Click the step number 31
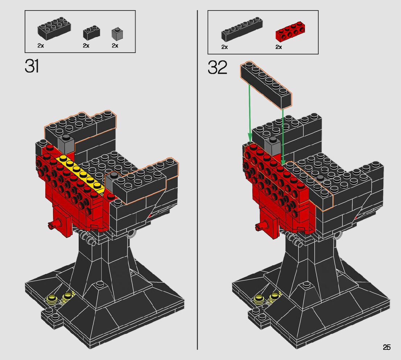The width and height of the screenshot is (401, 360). tap(32, 66)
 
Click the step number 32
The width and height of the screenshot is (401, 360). tap(218, 67)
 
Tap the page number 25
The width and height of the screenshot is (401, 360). tap(386, 347)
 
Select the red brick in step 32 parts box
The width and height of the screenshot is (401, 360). tap(290, 32)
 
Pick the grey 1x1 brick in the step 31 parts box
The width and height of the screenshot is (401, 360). tap(117, 33)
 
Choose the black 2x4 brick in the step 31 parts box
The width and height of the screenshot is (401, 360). tap(54, 29)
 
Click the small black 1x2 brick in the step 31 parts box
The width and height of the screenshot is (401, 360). tap(91, 33)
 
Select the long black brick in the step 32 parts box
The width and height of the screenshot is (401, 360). tap(242, 29)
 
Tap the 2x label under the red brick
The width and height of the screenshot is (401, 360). tap(278, 47)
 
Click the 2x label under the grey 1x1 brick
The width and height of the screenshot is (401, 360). tap(115, 46)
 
